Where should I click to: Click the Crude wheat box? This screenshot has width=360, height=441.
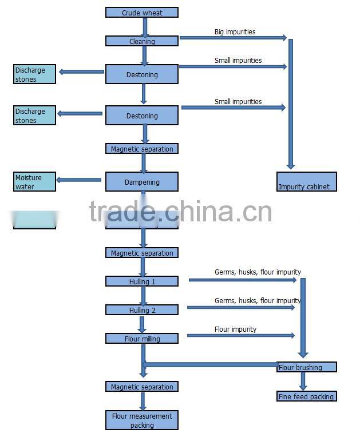pyautogui.click(x=142, y=13)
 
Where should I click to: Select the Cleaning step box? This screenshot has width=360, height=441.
pyautogui.click(x=142, y=41)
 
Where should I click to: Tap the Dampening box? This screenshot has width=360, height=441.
pyautogui.click(x=142, y=182)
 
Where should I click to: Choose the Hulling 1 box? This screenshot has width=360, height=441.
pyautogui.click(x=142, y=281)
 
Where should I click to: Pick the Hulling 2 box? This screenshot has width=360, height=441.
pyautogui.click(x=142, y=310)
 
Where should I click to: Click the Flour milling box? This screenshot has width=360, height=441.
pyautogui.click(x=142, y=339)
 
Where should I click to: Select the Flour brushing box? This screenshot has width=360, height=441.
pyautogui.click(x=307, y=367)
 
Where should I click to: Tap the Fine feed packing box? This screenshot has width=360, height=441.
pyautogui.click(x=306, y=396)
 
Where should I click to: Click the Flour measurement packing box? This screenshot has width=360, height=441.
pyautogui.click(x=142, y=420)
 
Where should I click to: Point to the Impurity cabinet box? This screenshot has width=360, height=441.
pyautogui.click(x=307, y=181)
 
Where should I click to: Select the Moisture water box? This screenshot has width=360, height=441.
pyautogui.click(x=35, y=182)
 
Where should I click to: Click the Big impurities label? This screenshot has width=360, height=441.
pyautogui.click(x=235, y=32)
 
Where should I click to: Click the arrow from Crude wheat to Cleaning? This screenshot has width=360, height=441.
pyautogui.click(x=145, y=26)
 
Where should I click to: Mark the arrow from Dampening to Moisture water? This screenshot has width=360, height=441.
pyautogui.click(x=80, y=180)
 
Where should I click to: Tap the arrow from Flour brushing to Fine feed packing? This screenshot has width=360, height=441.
pyautogui.click(x=303, y=381)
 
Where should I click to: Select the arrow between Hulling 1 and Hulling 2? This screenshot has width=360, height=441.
pyautogui.click(x=144, y=296)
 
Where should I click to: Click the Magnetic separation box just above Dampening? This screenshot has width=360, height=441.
pyautogui.click(x=142, y=149)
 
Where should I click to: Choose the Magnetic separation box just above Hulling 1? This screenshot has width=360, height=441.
pyautogui.click(x=142, y=253)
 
